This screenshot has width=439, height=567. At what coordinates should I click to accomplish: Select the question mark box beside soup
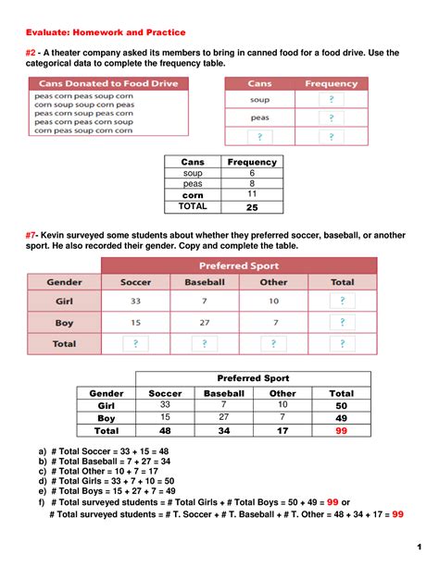331,99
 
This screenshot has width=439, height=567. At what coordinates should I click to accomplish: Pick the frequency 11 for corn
252,196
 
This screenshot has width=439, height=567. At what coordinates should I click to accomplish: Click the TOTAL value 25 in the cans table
252,207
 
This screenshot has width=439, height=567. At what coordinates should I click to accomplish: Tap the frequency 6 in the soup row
252,174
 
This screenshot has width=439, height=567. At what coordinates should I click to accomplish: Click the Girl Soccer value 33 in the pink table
136,302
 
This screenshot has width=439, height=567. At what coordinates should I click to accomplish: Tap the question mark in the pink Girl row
342,302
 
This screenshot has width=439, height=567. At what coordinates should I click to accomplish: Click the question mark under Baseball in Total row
205,343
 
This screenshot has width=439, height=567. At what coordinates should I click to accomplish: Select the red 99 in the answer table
341,431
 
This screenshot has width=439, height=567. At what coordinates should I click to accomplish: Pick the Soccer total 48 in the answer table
166,431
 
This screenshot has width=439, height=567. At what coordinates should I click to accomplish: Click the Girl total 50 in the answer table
341,406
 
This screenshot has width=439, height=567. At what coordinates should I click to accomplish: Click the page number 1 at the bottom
419,543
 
